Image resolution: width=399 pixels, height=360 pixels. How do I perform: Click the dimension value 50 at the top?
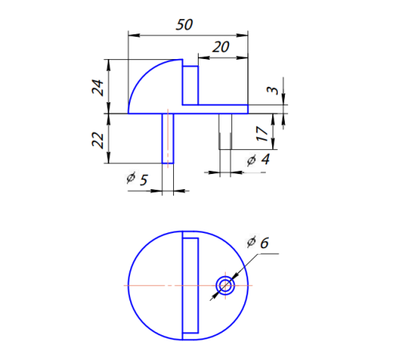pyautogui.click(x=184, y=24)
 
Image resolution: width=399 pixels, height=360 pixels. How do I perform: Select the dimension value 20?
pyautogui.click(x=221, y=47)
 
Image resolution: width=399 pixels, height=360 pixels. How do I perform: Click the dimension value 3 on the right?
pyautogui.click(x=273, y=92)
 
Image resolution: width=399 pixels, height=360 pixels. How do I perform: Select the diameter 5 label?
pyautogui.click(x=137, y=180)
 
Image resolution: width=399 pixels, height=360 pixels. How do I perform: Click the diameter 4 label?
pyautogui.click(x=257, y=160)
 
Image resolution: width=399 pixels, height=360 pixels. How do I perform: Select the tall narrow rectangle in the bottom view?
pyautogui.click(x=190, y=285)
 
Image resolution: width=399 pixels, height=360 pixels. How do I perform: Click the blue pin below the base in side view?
pyautogui.click(x=168, y=138)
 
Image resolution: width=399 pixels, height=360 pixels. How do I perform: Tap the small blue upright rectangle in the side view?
pyautogui.click(x=191, y=85)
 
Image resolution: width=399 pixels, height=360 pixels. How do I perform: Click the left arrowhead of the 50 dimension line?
pyautogui.click(x=132, y=34)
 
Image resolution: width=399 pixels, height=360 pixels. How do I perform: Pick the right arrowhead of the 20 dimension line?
pyautogui.click(x=243, y=57)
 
